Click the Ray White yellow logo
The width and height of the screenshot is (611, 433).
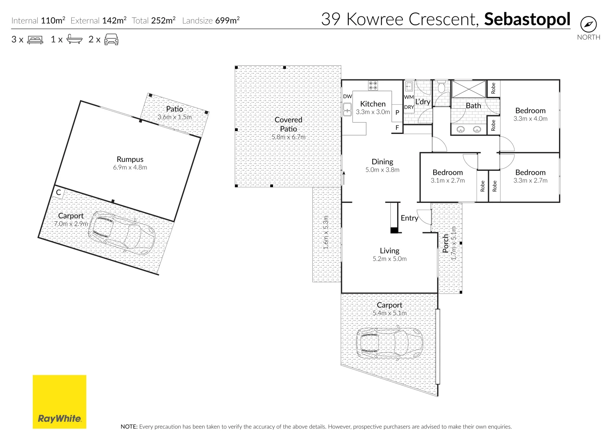(x=60, y=402)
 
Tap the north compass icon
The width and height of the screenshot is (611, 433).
(x=588, y=24)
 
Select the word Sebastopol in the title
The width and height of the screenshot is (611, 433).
(x=527, y=19)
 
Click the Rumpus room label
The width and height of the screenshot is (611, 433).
(x=130, y=159)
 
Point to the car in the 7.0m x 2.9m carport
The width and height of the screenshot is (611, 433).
(x=121, y=233)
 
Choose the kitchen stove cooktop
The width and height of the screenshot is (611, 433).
(x=373, y=85)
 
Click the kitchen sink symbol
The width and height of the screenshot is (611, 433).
(x=347, y=109)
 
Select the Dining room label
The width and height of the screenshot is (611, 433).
(x=382, y=162)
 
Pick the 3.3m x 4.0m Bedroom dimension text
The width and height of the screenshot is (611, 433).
(x=530, y=119)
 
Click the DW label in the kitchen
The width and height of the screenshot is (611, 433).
(x=347, y=97)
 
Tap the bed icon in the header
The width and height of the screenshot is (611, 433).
(x=35, y=40)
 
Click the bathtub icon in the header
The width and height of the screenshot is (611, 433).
(x=74, y=39)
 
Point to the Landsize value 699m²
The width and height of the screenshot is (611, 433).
(x=227, y=20)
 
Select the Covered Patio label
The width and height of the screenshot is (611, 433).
(x=288, y=124)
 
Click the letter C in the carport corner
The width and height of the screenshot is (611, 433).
(x=58, y=192)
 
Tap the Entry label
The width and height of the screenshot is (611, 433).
(x=409, y=218)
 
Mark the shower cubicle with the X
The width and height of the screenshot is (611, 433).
(x=468, y=89)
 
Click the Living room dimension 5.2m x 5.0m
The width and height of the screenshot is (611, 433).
(x=390, y=259)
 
